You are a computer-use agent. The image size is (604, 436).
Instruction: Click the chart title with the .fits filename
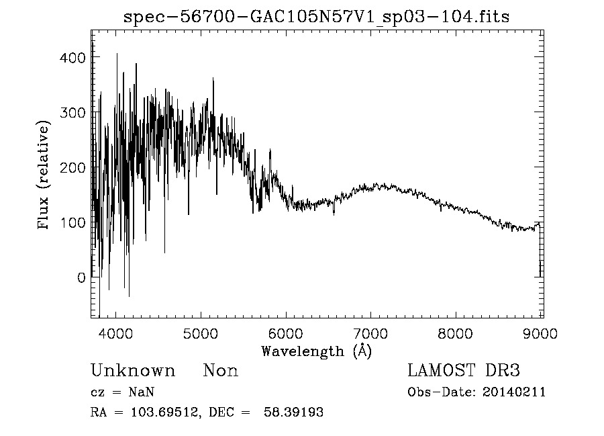click(x=317, y=17)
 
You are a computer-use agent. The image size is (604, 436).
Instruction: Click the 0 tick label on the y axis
click(x=81, y=277)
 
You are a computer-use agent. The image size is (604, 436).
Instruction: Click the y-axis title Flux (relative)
click(x=44, y=176)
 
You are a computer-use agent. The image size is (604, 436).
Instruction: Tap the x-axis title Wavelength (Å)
click(x=316, y=351)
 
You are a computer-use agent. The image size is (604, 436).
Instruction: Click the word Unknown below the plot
click(x=133, y=371)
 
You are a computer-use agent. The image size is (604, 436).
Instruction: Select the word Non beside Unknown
click(x=221, y=371)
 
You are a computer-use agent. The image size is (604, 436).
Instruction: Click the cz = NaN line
click(x=122, y=392)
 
